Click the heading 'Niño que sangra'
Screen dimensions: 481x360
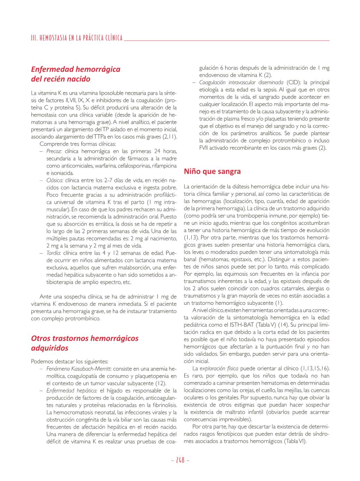(212, 171)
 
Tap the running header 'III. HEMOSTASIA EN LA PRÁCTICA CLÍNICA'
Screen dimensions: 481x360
(77, 38)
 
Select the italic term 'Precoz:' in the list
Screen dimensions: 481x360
(54, 151)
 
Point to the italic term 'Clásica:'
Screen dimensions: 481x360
(55, 180)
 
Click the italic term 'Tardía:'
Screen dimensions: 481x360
(54, 253)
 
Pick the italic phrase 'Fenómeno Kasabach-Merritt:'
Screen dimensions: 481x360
(79, 369)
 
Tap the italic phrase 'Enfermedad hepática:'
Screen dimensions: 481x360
(72, 390)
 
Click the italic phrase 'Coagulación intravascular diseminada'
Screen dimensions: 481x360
(241, 83)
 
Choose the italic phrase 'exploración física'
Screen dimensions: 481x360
(219, 368)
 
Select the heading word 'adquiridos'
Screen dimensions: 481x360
(50, 348)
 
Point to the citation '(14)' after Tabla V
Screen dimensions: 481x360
(284, 325)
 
